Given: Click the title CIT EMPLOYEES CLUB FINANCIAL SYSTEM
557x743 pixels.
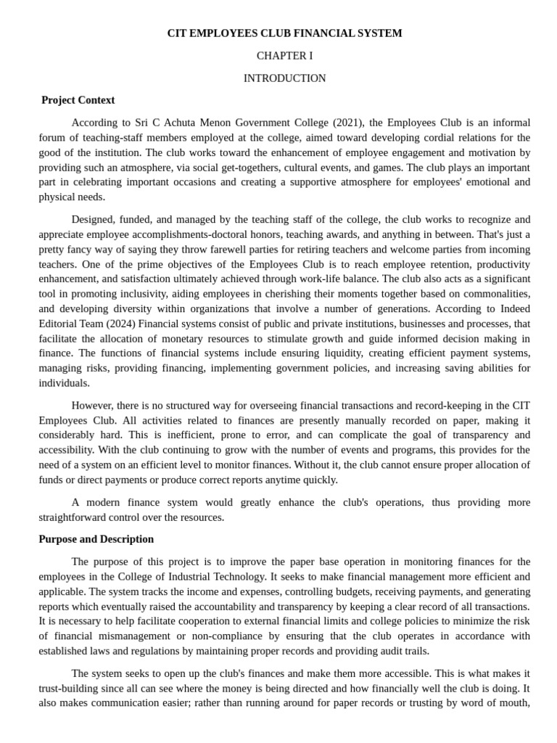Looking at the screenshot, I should point(284,33).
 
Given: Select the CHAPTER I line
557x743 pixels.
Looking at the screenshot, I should point(284,56).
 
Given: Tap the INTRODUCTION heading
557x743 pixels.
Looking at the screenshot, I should point(284,78).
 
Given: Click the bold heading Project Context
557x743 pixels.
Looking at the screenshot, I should point(78,100).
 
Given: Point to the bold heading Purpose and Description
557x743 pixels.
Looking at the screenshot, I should point(96,539).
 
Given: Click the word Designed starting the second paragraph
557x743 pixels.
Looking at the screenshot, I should point(94,219).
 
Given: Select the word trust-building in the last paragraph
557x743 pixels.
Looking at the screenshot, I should point(69,688).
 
